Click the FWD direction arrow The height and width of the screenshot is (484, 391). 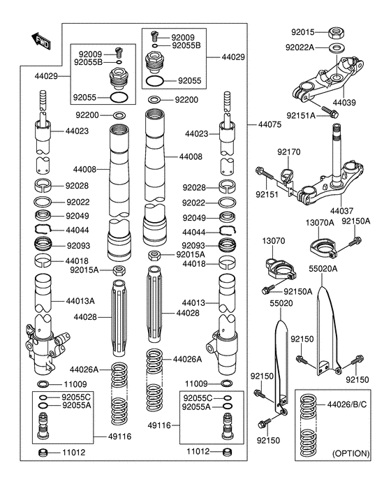(40, 41)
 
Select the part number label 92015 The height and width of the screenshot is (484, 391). (303, 32)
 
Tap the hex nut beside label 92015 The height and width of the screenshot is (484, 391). (336, 32)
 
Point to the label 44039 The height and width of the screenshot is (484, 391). (344, 102)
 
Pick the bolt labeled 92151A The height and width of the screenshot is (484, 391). (330, 112)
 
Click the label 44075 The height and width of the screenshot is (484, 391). (270, 124)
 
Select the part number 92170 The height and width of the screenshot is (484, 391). (288, 152)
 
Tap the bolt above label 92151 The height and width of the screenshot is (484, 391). (265, 173)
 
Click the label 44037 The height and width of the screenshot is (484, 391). (341, 211)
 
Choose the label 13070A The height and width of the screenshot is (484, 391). (320, 223)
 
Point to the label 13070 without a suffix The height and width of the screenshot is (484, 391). (274, 240)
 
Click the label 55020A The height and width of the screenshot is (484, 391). (323, 269)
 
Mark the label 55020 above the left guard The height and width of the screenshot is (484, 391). (281, 303)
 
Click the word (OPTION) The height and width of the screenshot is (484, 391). (351, 453)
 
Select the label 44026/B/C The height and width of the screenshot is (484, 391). (347, 404)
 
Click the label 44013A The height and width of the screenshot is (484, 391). (80, 301)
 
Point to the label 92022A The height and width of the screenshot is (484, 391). (300, 47)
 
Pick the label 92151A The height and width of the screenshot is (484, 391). (301, 115)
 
